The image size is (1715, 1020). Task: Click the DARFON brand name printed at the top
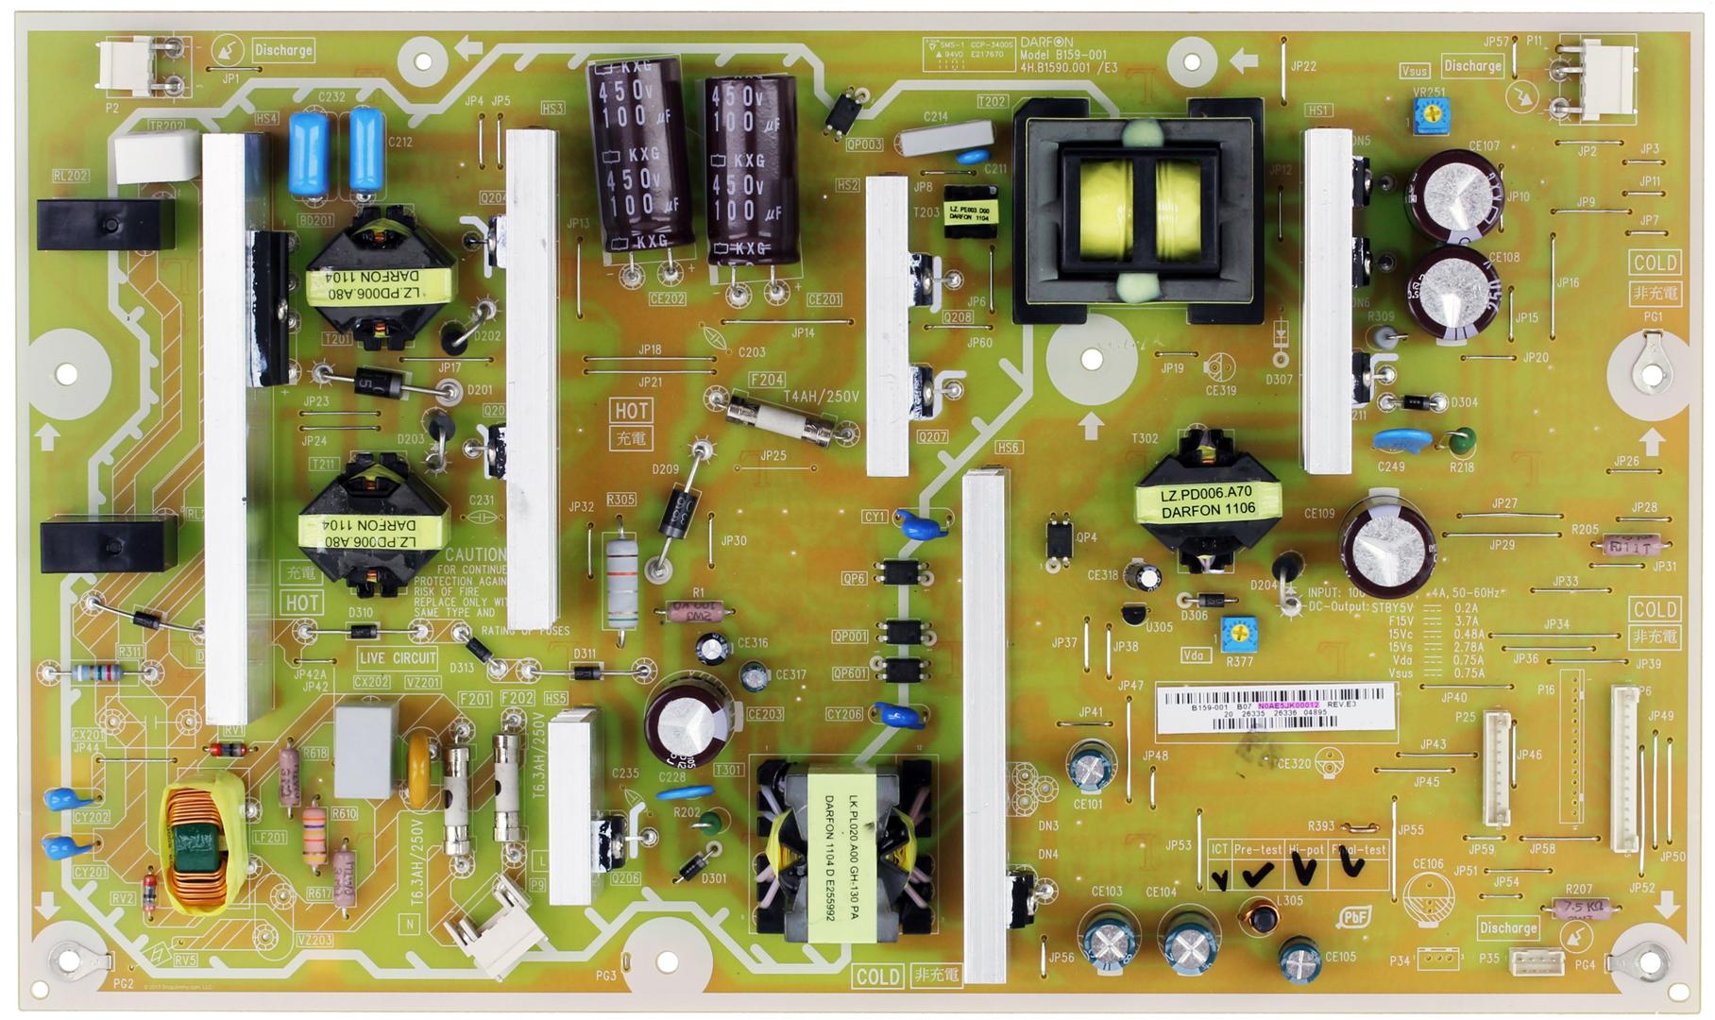point(1046,42)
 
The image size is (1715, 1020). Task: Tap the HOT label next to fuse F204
point(632,410)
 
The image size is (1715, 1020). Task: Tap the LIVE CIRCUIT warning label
point(399,657)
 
